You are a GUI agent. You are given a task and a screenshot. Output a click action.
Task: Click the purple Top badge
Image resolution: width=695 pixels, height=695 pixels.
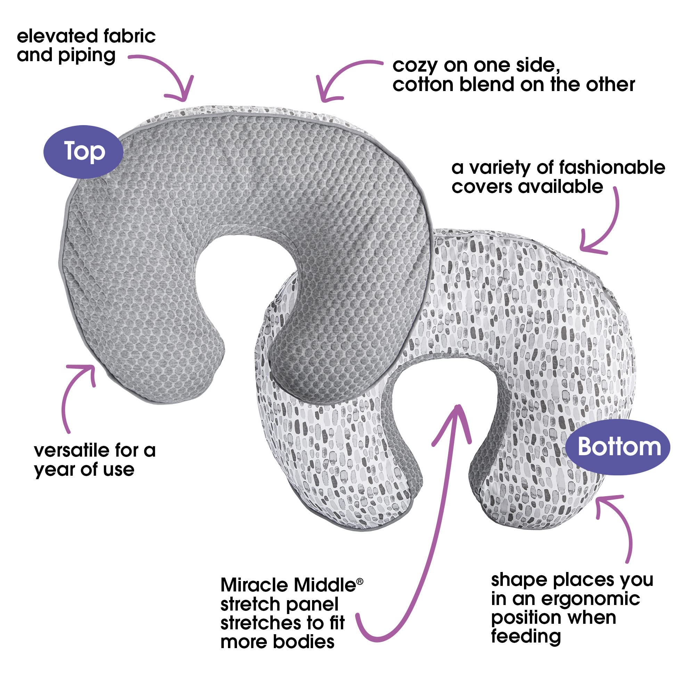(x=83, y=152)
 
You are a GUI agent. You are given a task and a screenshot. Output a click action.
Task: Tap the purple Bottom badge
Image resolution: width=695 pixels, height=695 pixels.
(x=617, y=447)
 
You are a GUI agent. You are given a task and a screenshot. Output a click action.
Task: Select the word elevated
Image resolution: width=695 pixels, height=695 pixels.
(x=57, y=36)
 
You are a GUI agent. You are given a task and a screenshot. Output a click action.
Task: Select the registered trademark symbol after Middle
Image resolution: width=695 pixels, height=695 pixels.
(x=359, y=581)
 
